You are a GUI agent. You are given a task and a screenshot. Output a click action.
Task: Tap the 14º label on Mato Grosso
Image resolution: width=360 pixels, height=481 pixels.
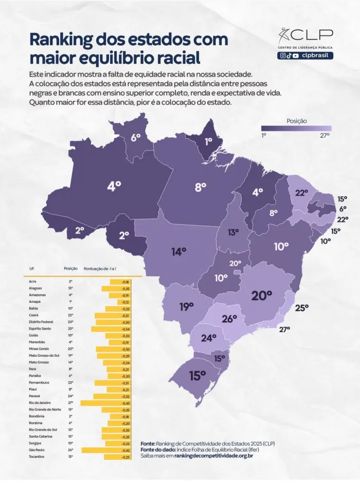(x=178, y=251)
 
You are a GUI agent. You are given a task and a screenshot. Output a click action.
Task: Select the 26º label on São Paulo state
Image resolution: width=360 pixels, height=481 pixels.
(x=229, y=319)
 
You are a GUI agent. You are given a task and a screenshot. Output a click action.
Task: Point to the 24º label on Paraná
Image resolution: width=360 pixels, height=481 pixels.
(x=208, y=338)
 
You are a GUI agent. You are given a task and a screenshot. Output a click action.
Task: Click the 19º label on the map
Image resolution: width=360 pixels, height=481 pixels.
(x=186, y=307)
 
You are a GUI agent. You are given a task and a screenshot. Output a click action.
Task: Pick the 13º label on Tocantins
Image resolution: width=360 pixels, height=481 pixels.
(x=233, y=232)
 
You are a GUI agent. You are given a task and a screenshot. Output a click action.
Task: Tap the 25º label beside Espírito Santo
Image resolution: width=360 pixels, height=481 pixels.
(x=301, y=307)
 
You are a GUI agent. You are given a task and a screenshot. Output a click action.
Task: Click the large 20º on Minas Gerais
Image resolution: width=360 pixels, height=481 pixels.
(x=261, y=295)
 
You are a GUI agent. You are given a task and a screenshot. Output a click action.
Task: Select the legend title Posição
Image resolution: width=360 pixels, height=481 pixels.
(x=296, y=121)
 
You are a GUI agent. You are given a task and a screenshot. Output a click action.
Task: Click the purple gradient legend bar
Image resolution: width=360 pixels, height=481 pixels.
(x=296, y=128)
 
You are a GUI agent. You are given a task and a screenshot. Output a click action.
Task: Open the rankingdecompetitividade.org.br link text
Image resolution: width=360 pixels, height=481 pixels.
(x=213, y=455)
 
